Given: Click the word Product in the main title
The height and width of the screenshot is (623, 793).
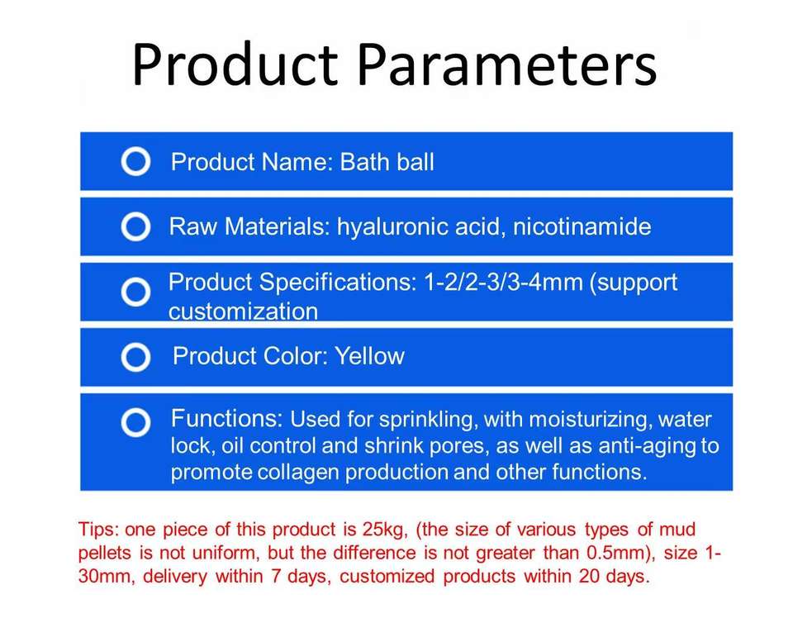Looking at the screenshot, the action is (x=235, y=65).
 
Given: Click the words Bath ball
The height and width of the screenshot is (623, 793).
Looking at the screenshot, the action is (x=387, y=162).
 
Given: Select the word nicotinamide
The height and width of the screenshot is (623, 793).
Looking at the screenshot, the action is (x=582, y=226).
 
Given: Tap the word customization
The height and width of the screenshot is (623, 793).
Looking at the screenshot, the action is (x=243, y=311).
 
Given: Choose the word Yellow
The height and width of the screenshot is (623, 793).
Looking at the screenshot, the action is (x=370, y=356).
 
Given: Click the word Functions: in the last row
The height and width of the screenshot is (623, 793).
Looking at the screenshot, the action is (x=226, y=419).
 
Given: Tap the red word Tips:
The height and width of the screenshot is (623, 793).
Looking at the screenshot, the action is (x=98, y=530).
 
